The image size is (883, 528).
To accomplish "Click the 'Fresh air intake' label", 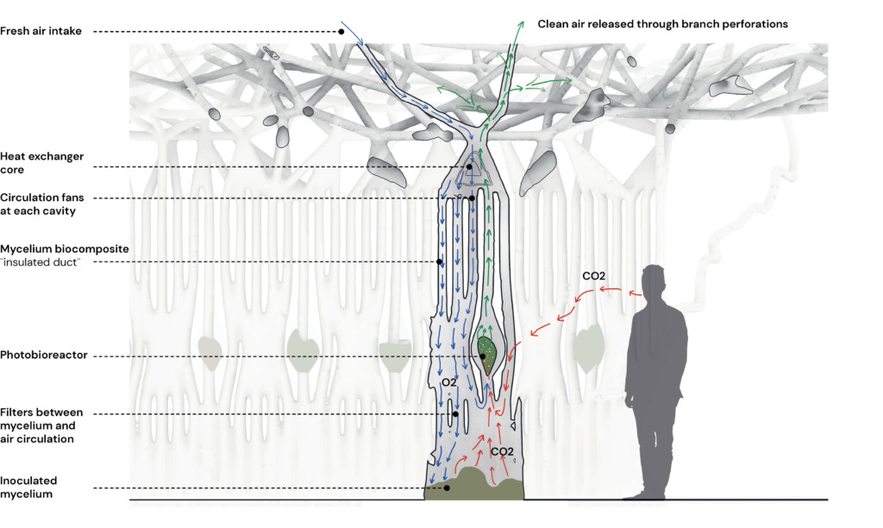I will click(x=41, y=31).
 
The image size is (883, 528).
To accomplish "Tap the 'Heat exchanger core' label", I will click(x=42, y=162).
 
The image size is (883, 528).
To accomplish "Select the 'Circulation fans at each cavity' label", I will click(x=51, y=204).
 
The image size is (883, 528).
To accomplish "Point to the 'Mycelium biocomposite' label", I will click(x=65, y=248).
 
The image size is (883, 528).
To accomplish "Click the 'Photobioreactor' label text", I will click(x=44, y=355).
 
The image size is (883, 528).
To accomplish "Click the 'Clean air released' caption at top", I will click(x=662, y=24).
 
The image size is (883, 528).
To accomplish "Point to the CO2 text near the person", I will click(x=593, y=276).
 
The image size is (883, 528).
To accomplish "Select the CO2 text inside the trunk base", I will click(x=503, y=450).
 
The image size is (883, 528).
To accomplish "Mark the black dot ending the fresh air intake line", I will click(x=341, y=31).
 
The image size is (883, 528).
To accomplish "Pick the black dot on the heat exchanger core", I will click(x=469, y=167).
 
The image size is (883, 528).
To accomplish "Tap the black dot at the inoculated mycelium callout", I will click(x=447, y=488).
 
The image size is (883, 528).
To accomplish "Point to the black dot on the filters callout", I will click(x=454, y=414).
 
